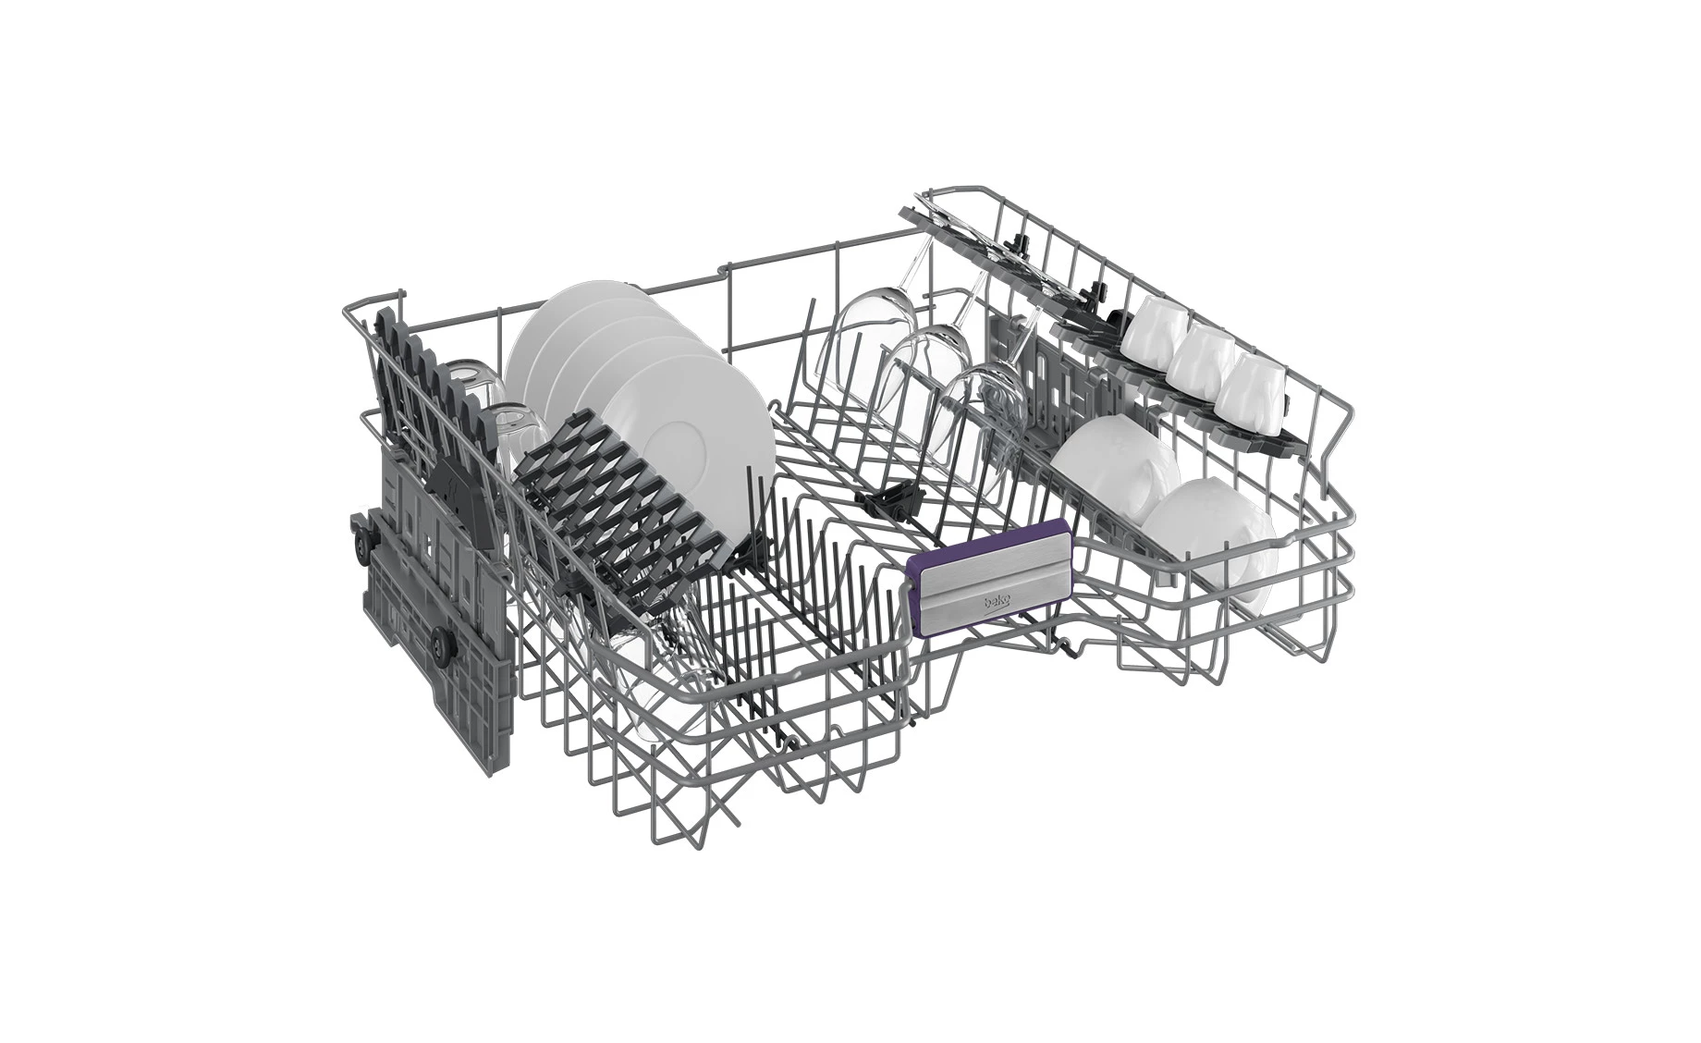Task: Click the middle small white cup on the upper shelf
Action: coord(1199,355)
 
